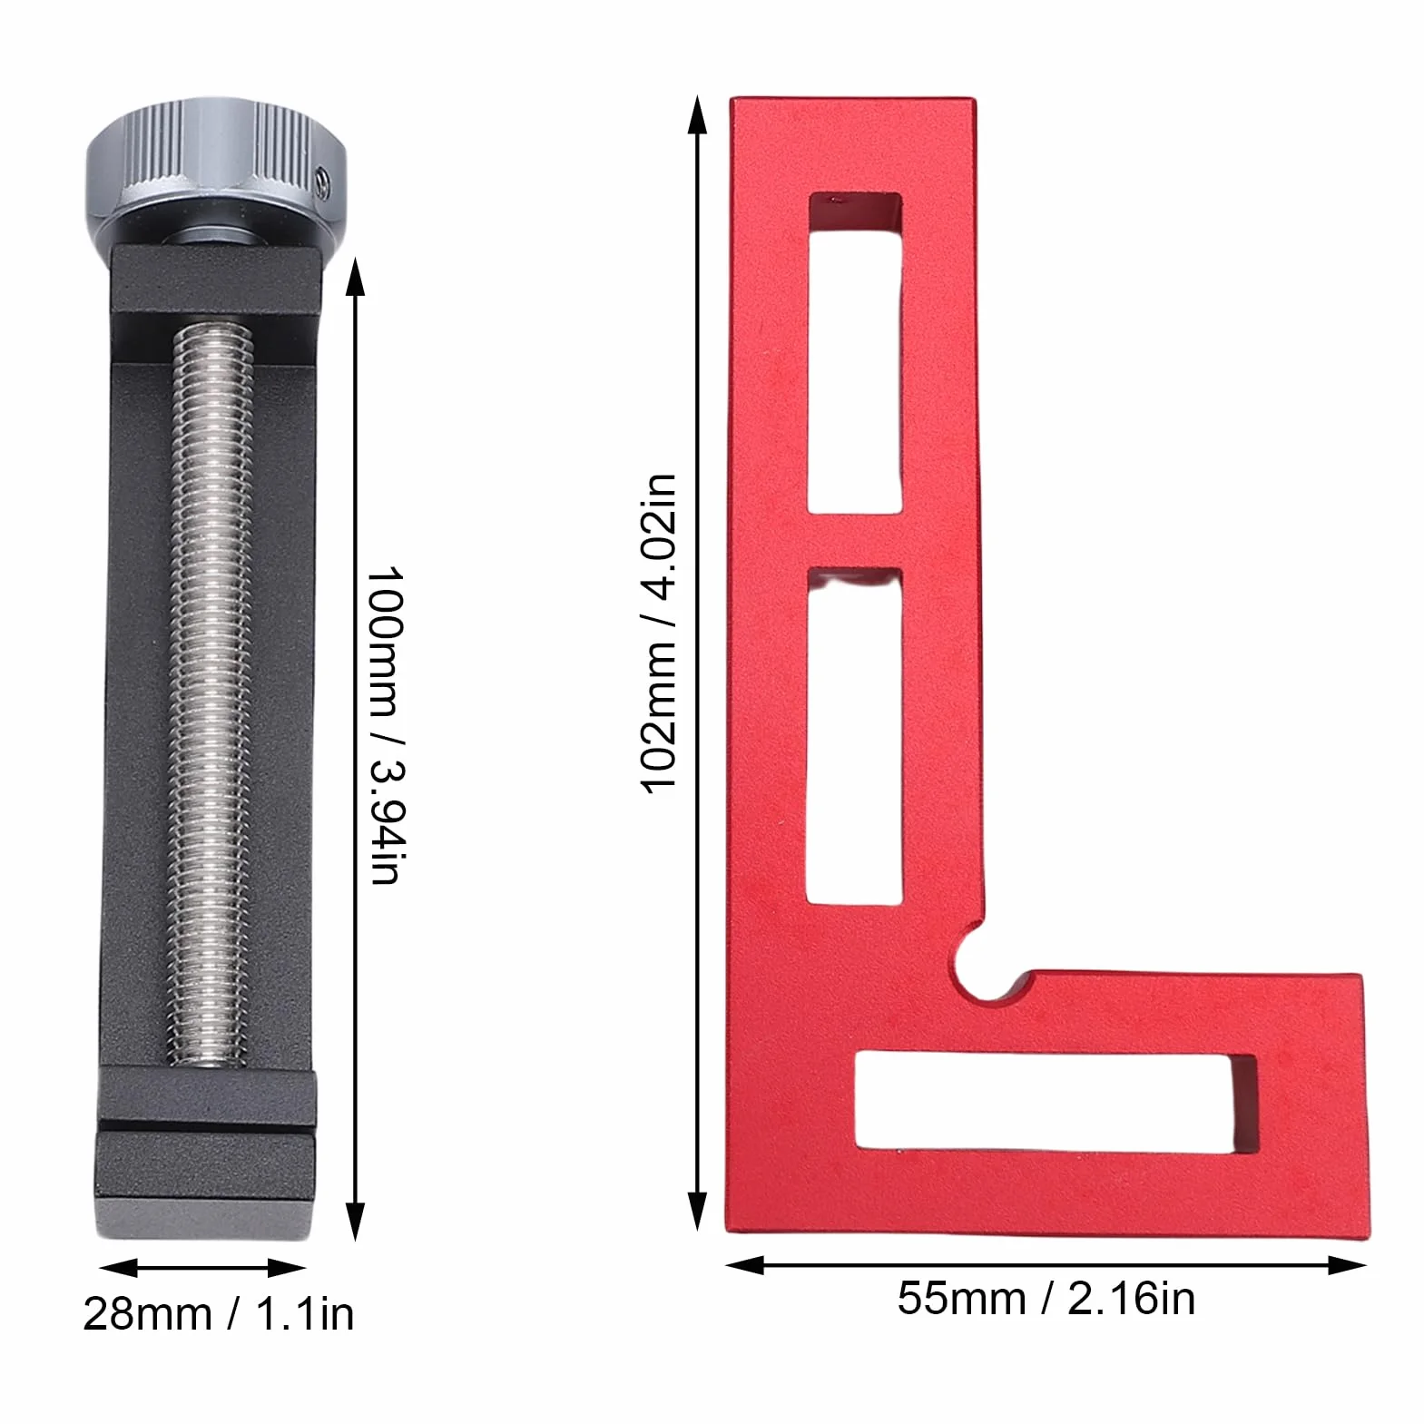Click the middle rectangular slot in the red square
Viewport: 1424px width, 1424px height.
(x=855, y=736)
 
